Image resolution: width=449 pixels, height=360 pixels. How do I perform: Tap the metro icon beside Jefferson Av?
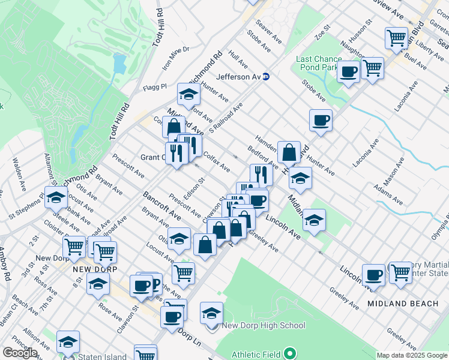click(x=267, y=77)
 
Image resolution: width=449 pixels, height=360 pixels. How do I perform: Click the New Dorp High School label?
click(x=264, y=326)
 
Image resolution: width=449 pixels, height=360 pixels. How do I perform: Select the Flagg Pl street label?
click(x=155, y=88)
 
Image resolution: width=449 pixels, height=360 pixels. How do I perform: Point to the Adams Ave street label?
click(x=387, y=195)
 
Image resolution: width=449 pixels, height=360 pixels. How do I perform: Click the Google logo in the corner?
click(x=20, y=353)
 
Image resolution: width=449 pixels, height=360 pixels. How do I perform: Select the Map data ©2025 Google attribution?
click(x=411, y=355)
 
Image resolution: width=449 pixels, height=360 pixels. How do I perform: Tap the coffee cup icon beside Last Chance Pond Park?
click(x=348, y=73)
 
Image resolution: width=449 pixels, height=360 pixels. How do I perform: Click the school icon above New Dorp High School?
click(x=211, y=314)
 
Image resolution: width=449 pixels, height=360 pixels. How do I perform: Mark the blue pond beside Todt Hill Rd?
click(x=118, y=64)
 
